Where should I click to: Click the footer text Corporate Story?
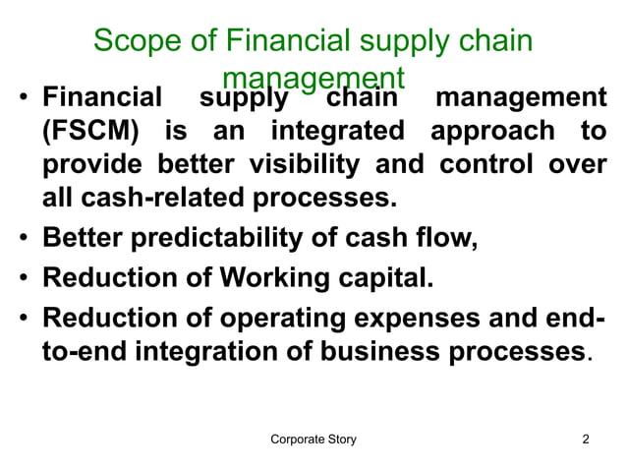(313, 439)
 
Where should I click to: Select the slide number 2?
(586, 439)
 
